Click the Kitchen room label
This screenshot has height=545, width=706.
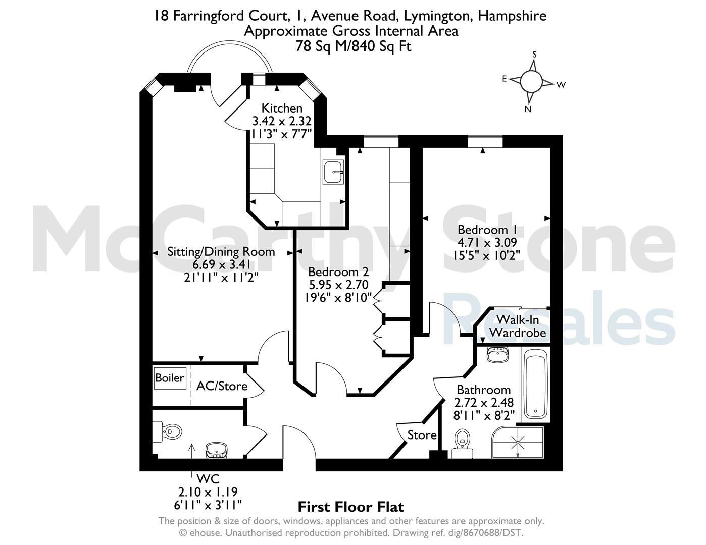click(282, 108)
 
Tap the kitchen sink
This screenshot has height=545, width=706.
click(333, 172)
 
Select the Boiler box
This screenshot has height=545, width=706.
click(170, 378)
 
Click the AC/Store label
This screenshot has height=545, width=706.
click(222, 386)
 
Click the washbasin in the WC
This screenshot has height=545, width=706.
click(217, 450)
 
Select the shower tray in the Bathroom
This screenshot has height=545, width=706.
click(517, 443)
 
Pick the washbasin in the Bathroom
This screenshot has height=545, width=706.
click(497, 354)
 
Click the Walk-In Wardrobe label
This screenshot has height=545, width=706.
click(518, 326)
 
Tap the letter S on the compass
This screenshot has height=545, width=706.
click(534, 54)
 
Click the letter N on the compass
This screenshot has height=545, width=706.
click(528, 110)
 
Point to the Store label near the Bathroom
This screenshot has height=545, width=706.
click(422, 435)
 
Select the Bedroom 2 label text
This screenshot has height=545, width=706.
click(338, 271)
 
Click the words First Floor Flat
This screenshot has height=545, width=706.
click(351, 507)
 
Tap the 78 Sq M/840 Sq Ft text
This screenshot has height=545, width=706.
click(353, 46)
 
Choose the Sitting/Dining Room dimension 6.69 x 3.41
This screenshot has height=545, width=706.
click(221, 264)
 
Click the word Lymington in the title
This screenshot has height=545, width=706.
click(438, 16)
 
